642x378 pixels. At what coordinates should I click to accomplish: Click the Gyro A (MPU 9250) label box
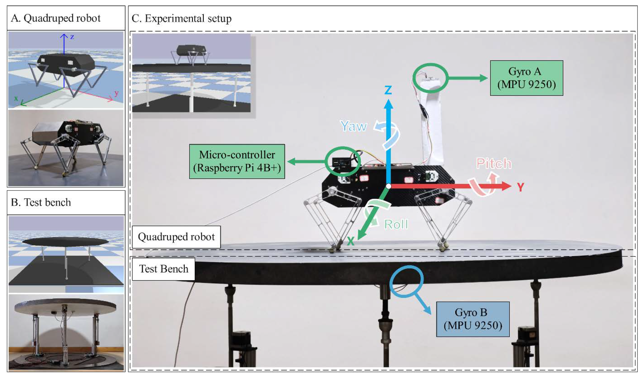(526, 78)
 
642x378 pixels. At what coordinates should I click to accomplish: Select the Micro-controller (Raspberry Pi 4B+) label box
(237, 161)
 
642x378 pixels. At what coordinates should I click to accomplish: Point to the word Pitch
(494, 163)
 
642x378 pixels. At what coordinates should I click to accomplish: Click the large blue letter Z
(388, 90)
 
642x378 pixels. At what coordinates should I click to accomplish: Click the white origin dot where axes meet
(388, 186)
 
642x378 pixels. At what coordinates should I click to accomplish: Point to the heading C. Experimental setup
(181, 18)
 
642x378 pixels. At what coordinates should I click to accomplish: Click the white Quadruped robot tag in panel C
(176, 237)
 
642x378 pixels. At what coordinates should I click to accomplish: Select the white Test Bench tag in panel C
(164, 269)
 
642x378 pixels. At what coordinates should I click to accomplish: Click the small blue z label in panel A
(72, 37)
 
